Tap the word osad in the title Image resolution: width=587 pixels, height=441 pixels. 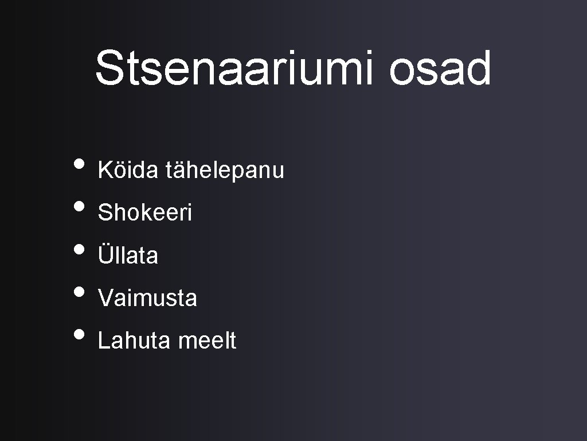pos(440,68)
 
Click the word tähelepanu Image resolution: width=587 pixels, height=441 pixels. pos(225,171)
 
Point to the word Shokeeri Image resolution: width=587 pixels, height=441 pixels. pos(145,213)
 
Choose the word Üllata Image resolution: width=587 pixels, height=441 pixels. pos(128,255)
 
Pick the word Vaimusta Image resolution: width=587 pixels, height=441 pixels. pos(147,298)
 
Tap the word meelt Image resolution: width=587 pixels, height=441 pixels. pos(207,341)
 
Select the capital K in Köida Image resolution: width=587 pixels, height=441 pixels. pos(105,170)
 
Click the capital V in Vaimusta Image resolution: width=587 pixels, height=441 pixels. pos(105,298)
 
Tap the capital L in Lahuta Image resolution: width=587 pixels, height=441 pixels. pos(103,341)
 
